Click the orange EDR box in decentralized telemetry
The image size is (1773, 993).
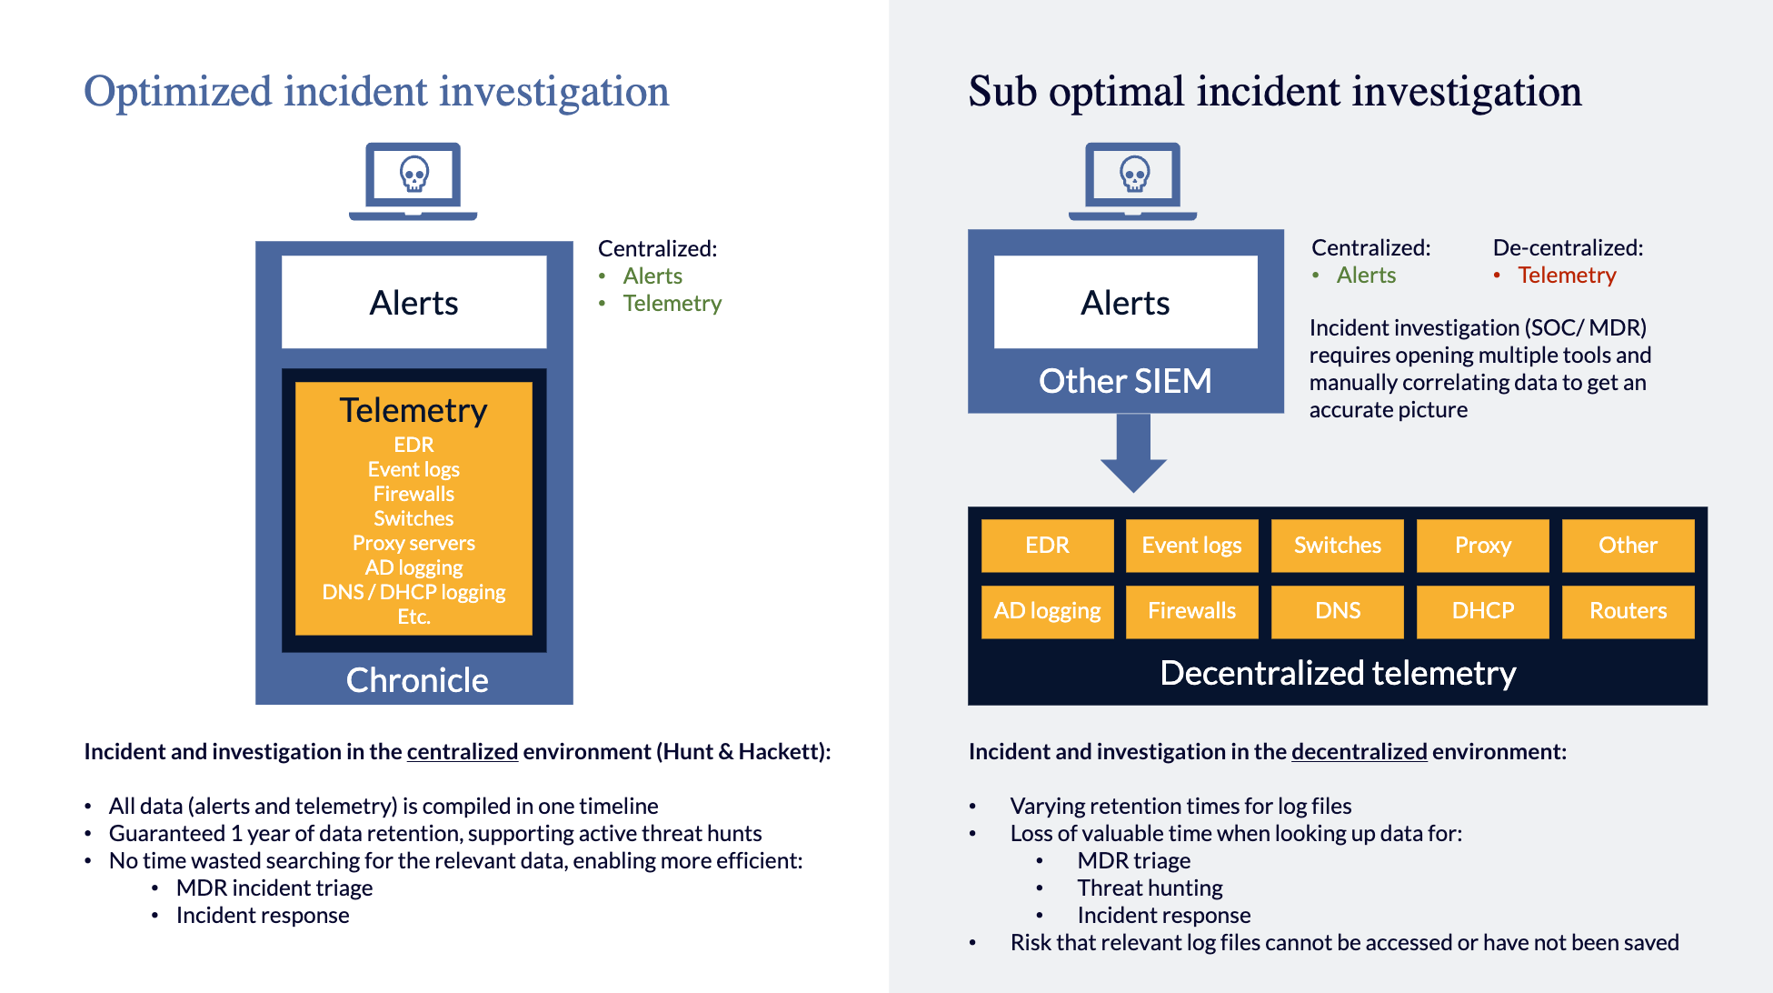(1047, 546)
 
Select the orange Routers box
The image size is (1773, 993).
(1628, 611)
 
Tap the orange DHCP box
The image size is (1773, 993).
(1482, 611)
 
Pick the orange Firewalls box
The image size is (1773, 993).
(1191, 611)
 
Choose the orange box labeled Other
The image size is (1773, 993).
(1628, 546)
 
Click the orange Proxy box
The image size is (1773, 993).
(1482, 546)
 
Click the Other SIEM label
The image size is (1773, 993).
(1125, 381)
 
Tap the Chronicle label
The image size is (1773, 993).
(417, 680)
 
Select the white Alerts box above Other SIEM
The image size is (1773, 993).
(1125, 303)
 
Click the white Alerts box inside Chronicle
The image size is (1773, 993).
(413, 303)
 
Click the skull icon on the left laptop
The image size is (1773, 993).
(414, 173)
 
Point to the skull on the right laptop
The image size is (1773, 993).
(1134, 173)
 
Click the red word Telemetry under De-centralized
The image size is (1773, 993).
(1567, 276)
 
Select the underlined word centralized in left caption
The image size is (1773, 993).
(462, 752)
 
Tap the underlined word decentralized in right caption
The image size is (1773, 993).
(1359, 752)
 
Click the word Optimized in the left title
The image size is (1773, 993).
(178, 92)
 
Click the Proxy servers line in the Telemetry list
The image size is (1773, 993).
(413, 543)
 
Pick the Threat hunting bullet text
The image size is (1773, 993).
(1150, 888)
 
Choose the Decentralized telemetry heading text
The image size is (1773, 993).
(1338, 673)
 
